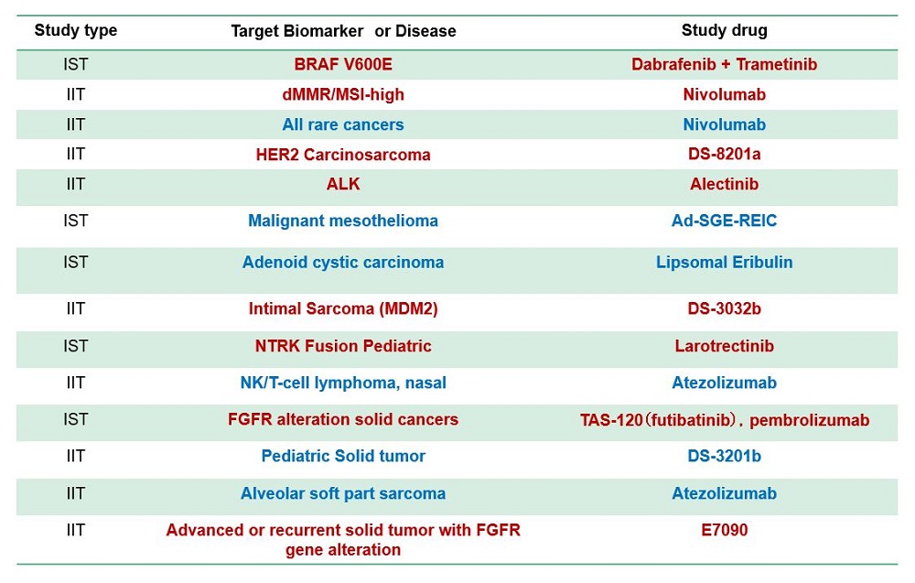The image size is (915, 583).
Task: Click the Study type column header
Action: [x=76, y=30]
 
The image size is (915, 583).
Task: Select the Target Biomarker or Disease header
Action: [x=343, y=31]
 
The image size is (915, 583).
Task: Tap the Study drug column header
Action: [x=724, y=30]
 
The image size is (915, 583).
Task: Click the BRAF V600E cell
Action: [x=343, y=64]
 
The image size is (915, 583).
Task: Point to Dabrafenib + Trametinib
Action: [x=724, y=64]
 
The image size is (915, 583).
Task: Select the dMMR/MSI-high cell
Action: [x=343, y=94]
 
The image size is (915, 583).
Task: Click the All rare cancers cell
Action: [x=343, y=124]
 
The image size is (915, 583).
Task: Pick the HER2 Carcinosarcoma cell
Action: [x=343, y=154]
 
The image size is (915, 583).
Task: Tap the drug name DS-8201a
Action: [x=724, y=154]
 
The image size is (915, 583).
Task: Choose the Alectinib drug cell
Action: [x=724, y=184]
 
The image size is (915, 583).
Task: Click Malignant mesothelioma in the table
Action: [x=343, y=221]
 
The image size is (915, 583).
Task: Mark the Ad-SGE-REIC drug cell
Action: [x=724, y=221]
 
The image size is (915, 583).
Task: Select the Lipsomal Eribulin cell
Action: [x=724, y=262]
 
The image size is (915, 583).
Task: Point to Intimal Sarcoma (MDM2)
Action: [x=343, y=308]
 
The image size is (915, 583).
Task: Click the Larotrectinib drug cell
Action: [x=724, y=346]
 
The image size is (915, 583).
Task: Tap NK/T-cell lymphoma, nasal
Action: [x=343, y=383]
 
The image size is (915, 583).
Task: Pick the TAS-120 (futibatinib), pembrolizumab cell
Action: [x=724, y=419]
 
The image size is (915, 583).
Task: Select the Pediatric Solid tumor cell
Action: [x=343, y=456]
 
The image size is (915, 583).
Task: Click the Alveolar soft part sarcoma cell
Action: [x=343, y=493]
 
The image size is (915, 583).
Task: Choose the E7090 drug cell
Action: [x=724, y=530]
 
